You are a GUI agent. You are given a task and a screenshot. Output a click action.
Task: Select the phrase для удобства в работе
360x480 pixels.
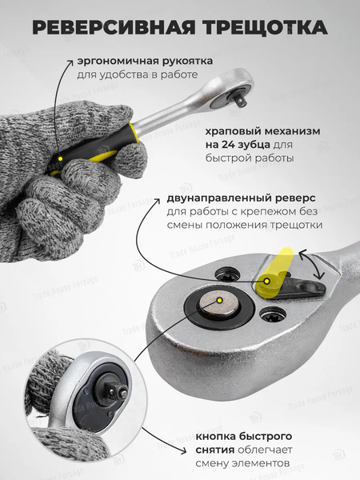(x=137, y=75)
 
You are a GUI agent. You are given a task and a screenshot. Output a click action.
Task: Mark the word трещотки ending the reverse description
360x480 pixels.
(x=299, y=226)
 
